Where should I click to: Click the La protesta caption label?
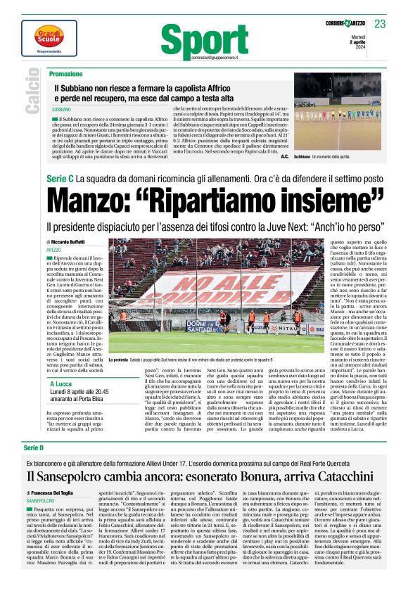pos(123,359)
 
